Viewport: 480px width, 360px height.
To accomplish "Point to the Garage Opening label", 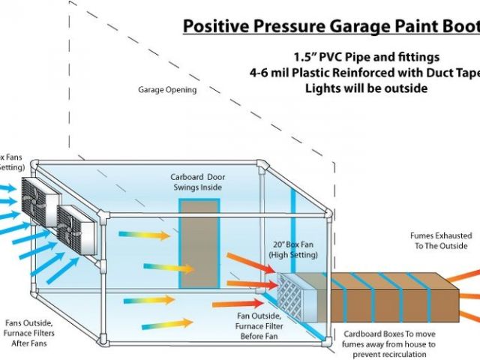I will tap(166, 90).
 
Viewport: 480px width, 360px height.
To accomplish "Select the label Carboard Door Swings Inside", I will tap(197, 182).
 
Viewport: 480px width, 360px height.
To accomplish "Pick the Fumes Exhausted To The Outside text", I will tap(439, 240).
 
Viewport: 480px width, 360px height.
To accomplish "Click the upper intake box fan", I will tap(39, 200).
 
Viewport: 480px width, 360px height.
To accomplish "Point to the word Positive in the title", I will tap(212, 28).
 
